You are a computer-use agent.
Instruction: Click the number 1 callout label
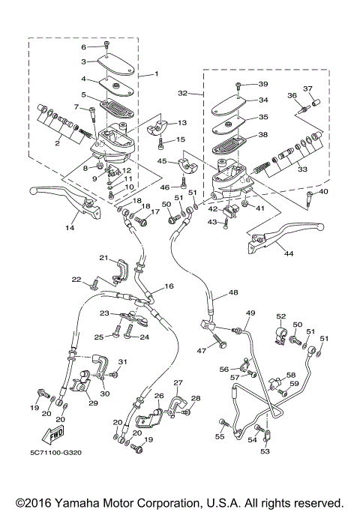[156, 75]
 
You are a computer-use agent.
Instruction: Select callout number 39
[262, 84]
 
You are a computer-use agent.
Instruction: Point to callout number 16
[169, 286]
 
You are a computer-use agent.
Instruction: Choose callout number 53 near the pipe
[264, 452]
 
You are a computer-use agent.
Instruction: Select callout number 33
[304, 170]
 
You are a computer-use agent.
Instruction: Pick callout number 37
[306, 88]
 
